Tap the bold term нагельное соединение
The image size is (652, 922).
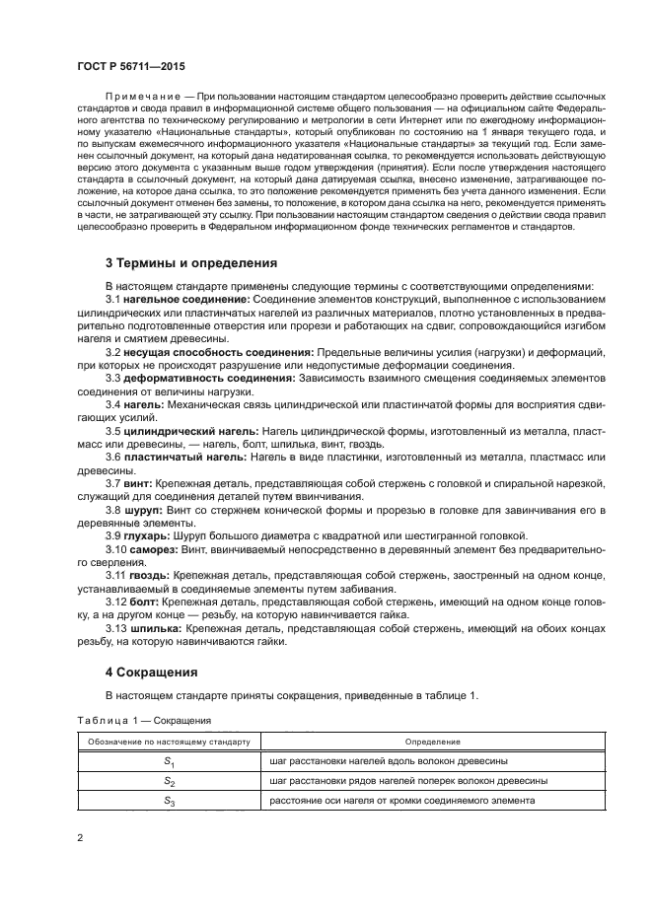point(186,298)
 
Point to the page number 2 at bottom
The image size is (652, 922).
point(80,838)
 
